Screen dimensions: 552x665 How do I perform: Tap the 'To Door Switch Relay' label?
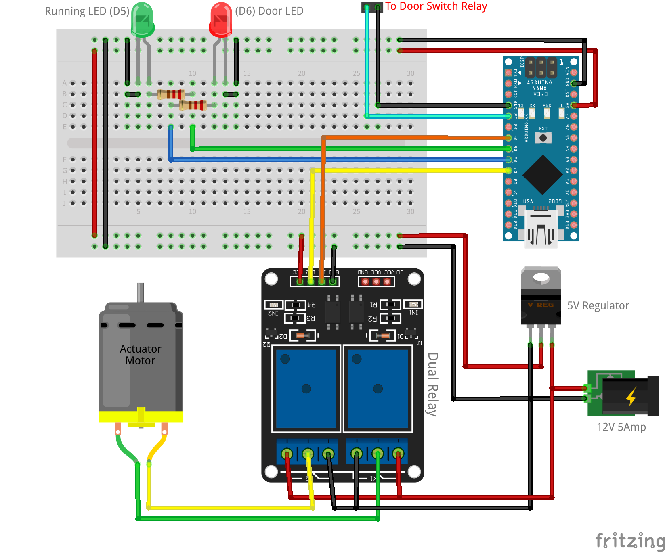coord(436,6)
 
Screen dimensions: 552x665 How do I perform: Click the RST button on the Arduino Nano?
coord(543,138)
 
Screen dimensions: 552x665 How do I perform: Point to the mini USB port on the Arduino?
coord(541,228)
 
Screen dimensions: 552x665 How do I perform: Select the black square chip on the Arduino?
coord(542,175)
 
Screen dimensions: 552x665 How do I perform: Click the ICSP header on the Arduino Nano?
coord(541,68)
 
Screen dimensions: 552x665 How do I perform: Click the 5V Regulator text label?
coord(598,306)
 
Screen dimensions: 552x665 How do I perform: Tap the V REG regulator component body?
coord(541,305)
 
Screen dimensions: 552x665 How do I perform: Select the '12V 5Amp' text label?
coord(621,427)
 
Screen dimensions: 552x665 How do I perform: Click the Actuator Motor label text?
coord(141,355)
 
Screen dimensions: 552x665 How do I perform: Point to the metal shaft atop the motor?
coord(141,293)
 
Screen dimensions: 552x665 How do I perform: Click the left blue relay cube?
coord(306,388)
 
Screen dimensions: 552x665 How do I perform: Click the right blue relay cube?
coord(378,388)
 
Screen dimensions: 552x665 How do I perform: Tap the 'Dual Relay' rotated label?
coord(432,384)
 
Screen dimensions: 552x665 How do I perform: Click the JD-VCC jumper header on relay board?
coord(376,281)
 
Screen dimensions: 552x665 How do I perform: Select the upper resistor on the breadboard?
coord(171,94)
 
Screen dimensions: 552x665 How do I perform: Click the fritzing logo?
coord(629,540)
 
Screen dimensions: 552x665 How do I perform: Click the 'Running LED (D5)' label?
coord(87,11)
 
